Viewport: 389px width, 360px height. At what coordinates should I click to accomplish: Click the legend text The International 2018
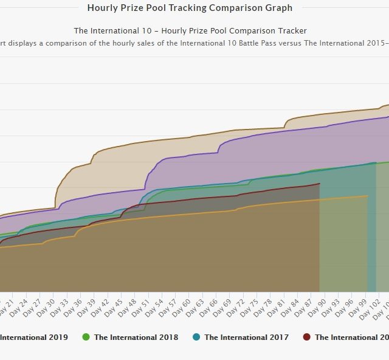tap(136, 337)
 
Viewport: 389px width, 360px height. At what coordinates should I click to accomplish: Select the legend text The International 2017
tap(246, 337)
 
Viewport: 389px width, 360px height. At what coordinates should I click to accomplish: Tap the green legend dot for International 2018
tap(86, 337)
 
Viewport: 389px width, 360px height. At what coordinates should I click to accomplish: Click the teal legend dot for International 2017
tap(196, 337)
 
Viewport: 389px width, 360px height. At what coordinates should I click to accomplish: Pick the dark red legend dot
tap(306, 337)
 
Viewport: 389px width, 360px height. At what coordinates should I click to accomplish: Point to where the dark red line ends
tap(320, 183)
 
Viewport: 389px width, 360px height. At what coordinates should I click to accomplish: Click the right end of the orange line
tap(367, 196)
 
